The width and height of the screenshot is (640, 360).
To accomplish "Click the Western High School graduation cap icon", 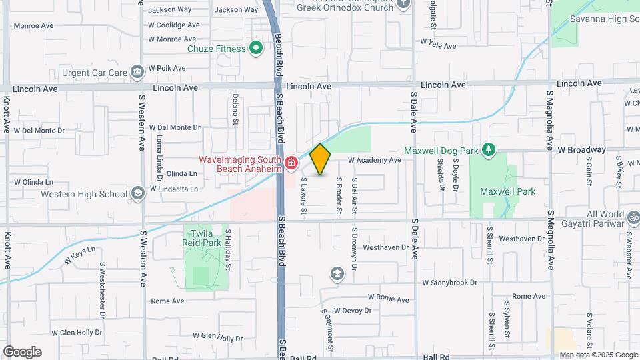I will [137, 194].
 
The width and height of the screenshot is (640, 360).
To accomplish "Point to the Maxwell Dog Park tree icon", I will [489, 149].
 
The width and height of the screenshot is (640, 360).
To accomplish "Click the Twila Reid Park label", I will [205, 237].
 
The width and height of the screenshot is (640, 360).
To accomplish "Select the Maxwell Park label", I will [507, 191].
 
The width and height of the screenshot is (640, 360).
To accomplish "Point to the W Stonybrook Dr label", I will [451, 283].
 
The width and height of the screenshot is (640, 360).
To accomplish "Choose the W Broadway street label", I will [581, 149].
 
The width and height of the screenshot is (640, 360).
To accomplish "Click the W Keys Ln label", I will [79, 255].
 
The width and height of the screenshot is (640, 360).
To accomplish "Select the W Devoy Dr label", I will [353, 311].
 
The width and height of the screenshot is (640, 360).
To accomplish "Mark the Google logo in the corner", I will [22, 351].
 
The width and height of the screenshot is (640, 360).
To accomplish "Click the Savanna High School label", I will [604, 19].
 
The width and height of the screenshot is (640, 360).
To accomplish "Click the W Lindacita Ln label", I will [174, 189].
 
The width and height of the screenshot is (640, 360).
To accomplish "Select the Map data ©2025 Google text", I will [598, 355].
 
